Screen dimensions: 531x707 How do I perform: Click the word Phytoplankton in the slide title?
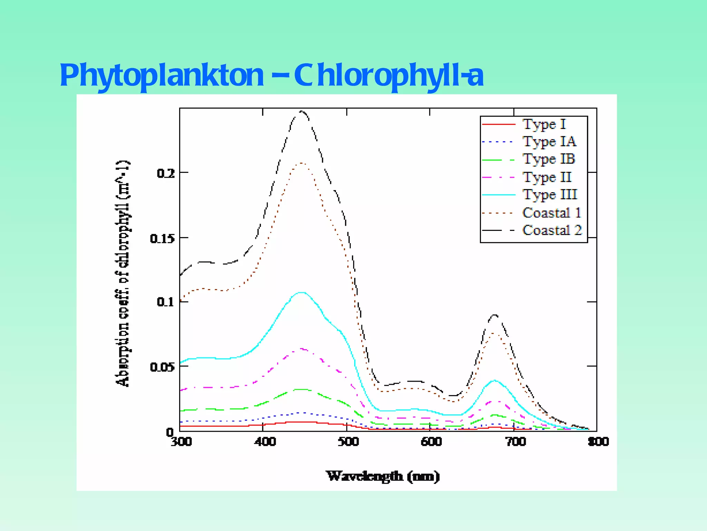coord(162,75)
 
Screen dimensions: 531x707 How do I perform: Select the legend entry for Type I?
coord(544,124)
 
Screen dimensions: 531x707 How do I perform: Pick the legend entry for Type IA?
coord(549,141)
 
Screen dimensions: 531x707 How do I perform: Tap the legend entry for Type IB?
coord(549,159)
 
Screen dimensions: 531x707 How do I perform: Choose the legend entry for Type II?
coord(547,177)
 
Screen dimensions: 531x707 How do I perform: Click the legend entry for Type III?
coord(550,195)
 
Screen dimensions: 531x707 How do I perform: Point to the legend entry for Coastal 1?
coord(552,213)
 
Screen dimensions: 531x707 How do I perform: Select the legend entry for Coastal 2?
coord(552,230)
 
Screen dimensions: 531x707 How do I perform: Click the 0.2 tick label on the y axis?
coord(166,173)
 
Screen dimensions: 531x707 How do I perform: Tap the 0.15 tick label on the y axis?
coord(162,239)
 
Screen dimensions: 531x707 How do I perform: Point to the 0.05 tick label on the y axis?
coord(162,367)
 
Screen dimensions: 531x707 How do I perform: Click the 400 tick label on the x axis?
coord(265,441)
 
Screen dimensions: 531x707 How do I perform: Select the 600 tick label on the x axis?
coord(431,441)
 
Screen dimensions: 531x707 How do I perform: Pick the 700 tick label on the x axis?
coord(516,441)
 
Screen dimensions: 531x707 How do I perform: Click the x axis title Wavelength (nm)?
coord(383,476)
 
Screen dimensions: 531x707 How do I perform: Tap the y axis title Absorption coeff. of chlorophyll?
coord(123,273)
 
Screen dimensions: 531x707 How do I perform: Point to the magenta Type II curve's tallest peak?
coord(302,349)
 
